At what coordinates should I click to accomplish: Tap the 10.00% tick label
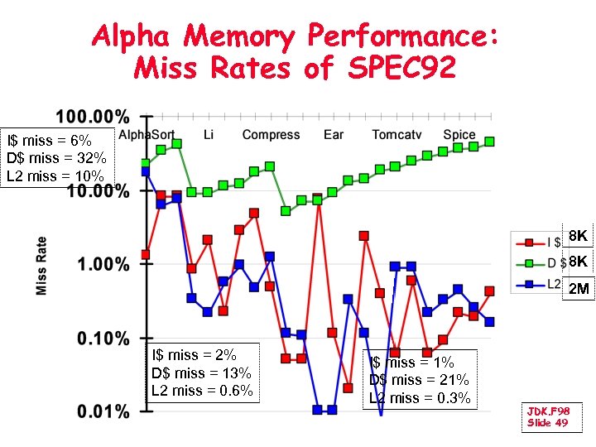pyautogui.click(x=97, y=191)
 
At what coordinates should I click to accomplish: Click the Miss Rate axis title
pyautogui.click(x=41, y=265)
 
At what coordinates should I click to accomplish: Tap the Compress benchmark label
pyautogui.click(x=271, y=134)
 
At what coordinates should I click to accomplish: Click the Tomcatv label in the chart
pyautogui.click(x=394, y=134)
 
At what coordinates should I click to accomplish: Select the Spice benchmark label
pyautogui.click(x=459, y=134)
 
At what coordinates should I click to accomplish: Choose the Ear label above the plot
pyautogui.click(x=334, y=134)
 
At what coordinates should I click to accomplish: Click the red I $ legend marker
pyautogui.click(x=526, y=243)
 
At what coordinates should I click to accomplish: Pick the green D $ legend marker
pyautogui.click(x=526, y=263)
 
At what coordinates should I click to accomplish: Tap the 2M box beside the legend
pyautogui.click(x=579, y=289)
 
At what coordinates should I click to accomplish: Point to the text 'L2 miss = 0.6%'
pyautogui.click(x=202, y=391)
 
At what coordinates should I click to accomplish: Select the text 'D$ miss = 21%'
pyautogui.click(x=419, y=380)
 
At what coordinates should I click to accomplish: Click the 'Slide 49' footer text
pyautogui.click(x=547, y=423)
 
